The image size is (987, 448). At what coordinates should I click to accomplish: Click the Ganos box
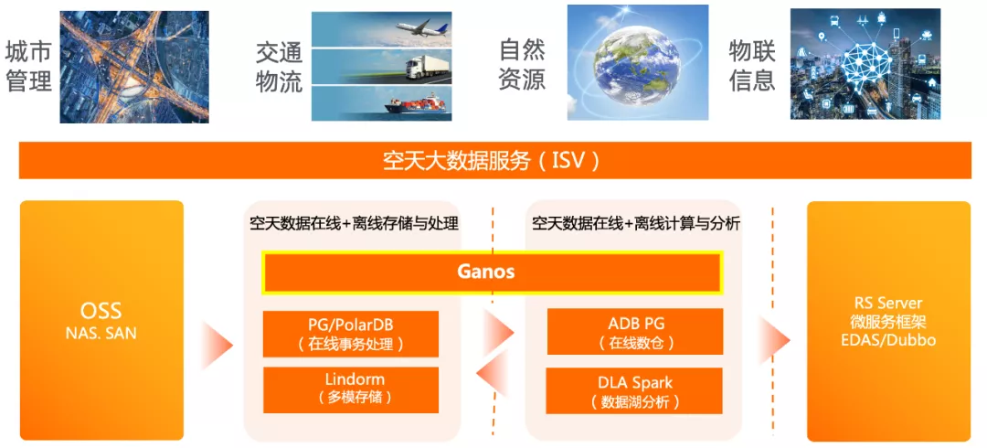(x=492, y=272)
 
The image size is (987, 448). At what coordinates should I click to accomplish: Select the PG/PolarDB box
(x=351, y=334)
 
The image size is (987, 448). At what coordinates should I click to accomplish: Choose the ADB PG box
(x=634, y=332)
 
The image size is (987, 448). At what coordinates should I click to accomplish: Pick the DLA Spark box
(x=634, y=390)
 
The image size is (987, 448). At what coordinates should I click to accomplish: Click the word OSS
(x=101, y=311)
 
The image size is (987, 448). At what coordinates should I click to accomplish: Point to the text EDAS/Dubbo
(x=888, y=340)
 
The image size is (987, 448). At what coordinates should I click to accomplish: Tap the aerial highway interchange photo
(x=134, y=67)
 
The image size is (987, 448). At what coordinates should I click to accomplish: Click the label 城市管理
(x=28, y=67)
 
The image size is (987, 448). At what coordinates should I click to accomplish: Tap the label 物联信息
(x=751, y=66)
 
